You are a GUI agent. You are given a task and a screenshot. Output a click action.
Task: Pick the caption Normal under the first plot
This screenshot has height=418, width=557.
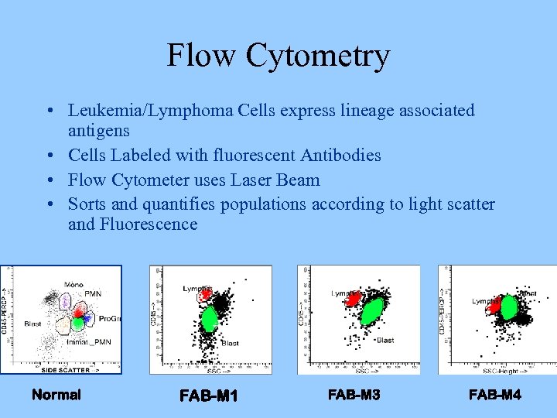pos(56,395)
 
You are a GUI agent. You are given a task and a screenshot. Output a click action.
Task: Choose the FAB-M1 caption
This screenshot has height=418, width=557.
pos(208,396)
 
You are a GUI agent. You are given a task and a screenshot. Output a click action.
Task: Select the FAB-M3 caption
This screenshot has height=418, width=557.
pos(354,395)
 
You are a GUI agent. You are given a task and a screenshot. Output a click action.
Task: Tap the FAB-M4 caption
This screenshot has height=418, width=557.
pos(495,395)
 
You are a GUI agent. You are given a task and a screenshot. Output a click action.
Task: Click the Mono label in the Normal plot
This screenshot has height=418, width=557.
pos(74,285)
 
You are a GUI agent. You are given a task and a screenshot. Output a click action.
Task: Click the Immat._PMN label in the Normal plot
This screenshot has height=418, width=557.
pos(88,341)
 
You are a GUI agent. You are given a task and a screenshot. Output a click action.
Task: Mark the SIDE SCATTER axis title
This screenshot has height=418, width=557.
pos(65,370)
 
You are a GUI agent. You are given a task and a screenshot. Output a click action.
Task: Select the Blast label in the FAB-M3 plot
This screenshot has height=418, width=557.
pos(385,340)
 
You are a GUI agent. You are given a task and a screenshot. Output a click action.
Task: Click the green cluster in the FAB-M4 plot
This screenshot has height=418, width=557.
pos(508,308)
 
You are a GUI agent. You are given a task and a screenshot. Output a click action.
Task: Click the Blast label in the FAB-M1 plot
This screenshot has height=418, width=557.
pos(231,343)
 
